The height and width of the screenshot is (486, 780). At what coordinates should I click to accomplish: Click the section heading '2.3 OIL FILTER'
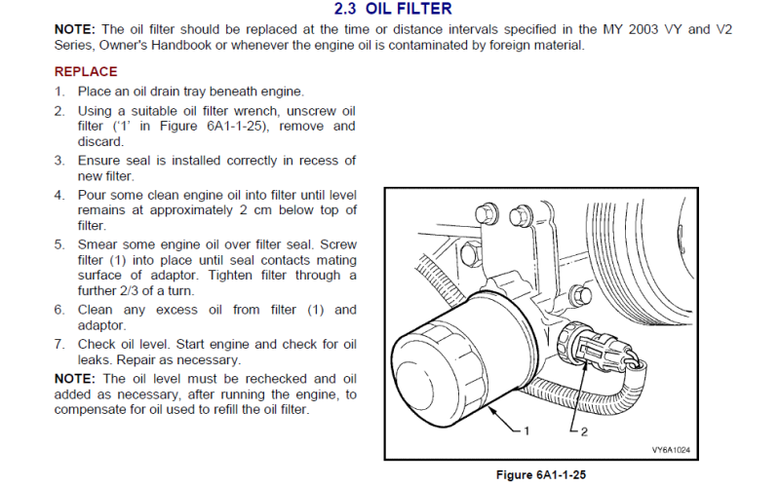[x=393, y=9]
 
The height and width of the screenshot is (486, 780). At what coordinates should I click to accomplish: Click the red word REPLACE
[x=86, y=71]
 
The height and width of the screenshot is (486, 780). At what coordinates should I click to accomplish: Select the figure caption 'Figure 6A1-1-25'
[x=541, y=474]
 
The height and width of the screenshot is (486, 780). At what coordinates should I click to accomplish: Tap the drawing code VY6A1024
[x=671, y=450]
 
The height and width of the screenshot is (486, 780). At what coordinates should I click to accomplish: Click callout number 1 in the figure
[x=526, y=430]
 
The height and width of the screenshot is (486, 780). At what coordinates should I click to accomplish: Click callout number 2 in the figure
[x=584, y=431]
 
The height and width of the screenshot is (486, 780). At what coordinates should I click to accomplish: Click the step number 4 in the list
[x=59, y=195]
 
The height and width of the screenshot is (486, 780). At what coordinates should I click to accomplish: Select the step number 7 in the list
[x=59, y=344]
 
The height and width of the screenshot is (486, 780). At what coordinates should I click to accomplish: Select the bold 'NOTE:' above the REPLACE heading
[x=75, y=29]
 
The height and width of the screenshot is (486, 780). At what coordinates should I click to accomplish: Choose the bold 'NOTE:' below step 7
[x=75, y=379]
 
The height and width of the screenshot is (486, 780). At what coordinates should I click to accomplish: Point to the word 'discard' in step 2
[x=99, y=141]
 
